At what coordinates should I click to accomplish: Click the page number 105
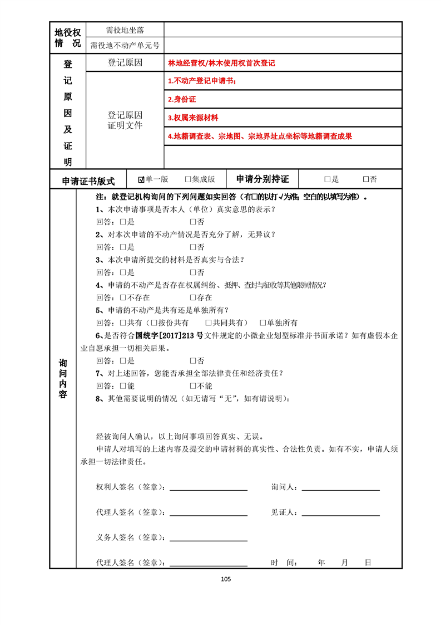(x=225, y=579)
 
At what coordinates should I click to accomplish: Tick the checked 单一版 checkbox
(x=141, y=179)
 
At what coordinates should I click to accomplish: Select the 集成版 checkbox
(x=188, y=179)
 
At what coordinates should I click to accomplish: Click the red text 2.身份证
(x=182, y=100)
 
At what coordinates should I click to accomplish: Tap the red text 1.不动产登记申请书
(x=202, y=81)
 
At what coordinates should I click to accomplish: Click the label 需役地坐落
(x=125, y=30)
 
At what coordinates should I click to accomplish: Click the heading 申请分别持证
(x=262, y=179)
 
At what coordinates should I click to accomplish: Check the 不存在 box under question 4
(x=123, y=297)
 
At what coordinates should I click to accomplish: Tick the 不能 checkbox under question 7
(x=193, y=385)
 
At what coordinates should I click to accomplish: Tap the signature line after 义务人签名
(x=209, y=539)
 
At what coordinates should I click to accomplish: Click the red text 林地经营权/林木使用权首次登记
(x=222, y=63)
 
